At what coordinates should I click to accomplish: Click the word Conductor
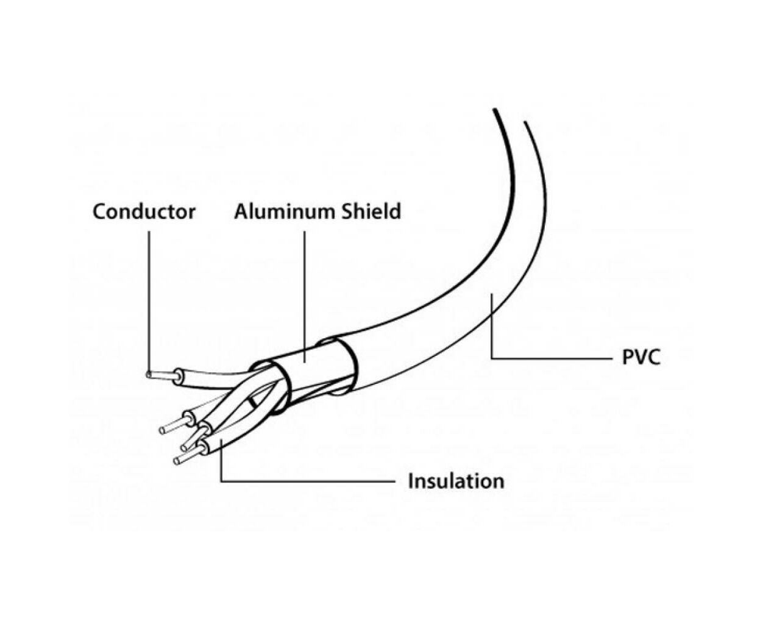(x=144, y=211)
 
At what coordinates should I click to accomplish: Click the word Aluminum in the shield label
(x=283, y=211)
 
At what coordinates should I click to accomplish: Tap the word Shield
(x=372, y=211)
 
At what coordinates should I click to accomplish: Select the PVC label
(x=641, y=357)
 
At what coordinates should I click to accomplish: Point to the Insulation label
(x=456, y=481)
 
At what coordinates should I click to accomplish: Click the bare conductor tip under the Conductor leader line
(x=149, y=375)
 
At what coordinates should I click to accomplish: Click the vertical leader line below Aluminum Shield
(x=304, y=297)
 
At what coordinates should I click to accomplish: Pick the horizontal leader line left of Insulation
(x=308, y=481)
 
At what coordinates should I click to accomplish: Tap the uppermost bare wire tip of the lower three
(x=162, y=430)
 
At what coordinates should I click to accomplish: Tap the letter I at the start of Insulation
(x=411, y=481)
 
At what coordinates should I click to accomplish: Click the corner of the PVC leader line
(x=491, y=358)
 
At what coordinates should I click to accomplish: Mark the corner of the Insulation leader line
(x=221, y=481)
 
